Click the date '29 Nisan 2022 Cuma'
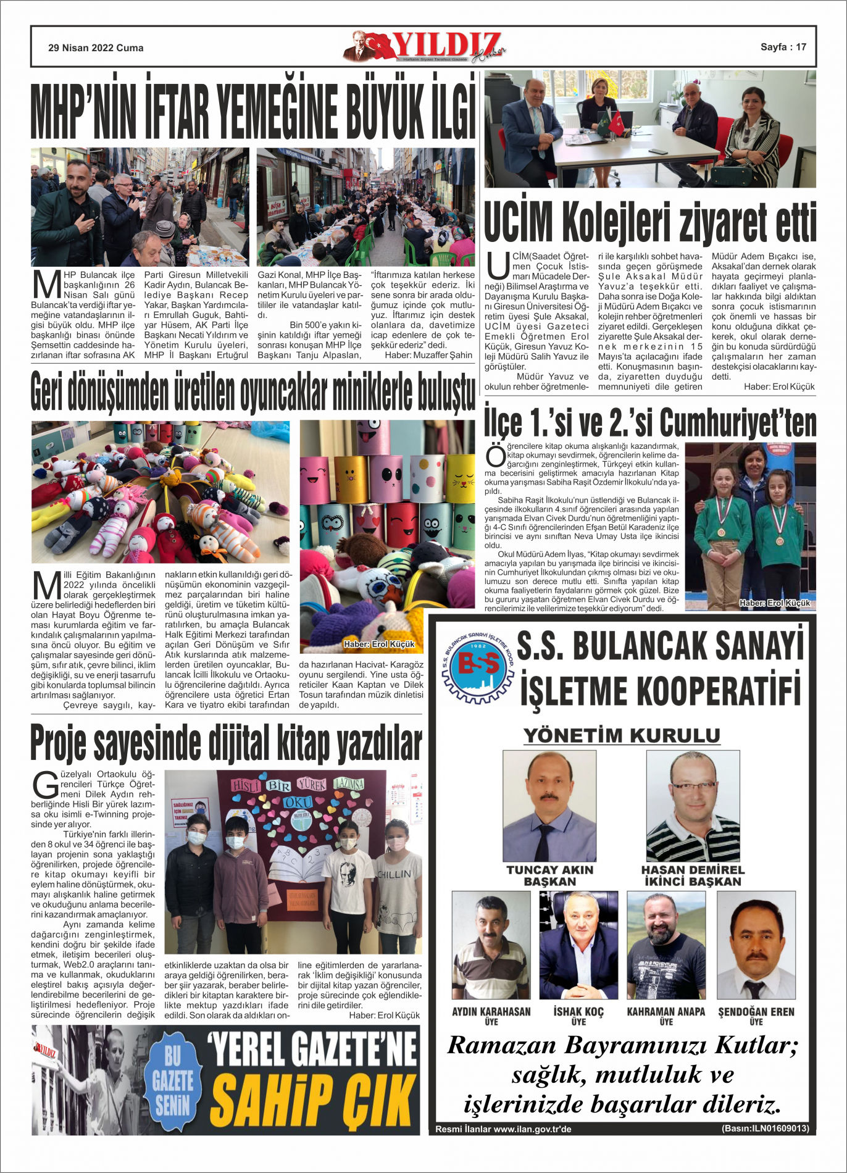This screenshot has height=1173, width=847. [96, 48]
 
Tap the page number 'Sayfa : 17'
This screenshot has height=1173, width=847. [783, 47]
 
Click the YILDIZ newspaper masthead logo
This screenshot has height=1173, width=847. [426, 46]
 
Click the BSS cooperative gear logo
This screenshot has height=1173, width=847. [478, 667]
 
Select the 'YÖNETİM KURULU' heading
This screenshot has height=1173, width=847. [622, 735]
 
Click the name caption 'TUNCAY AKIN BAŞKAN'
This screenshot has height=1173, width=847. [549, 875]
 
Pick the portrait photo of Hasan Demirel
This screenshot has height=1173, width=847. [693, 806]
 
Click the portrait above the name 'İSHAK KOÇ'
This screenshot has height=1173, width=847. [578, 945]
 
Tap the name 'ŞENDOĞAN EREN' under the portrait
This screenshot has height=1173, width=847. [756, 1012]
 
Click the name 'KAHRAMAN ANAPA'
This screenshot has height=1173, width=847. [665, 1012]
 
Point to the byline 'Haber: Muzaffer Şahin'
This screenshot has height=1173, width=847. [428, 355]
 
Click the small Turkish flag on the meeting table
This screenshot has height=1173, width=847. [617, 124]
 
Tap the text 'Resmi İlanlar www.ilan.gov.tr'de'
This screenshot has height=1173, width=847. [503, 1129]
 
